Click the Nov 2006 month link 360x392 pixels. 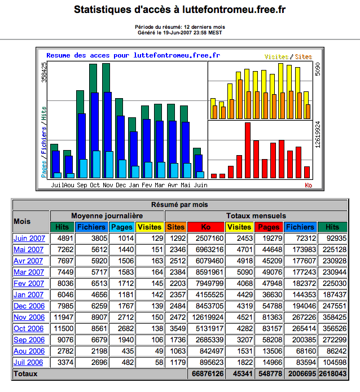[x=28, y=317]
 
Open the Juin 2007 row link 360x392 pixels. [x=28, y=238]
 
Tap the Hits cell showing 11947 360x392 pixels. [x=62, y=317]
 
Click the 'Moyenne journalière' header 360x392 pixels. [x=107, y=215]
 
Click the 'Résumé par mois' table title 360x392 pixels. [x=180, y=204]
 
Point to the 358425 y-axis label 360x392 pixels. [x=45, y=73]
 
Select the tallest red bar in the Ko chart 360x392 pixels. [x=247, y=150]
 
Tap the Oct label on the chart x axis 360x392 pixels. [x=95, y=185]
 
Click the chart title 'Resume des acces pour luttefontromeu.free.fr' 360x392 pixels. [x=133, y=56]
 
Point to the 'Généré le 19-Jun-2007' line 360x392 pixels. [x=180, y=32]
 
